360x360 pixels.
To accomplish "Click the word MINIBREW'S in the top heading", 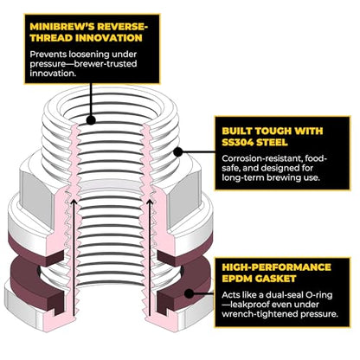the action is click(62, 27).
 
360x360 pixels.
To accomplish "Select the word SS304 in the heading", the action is click(237, 142).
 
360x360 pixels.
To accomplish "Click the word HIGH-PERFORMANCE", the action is click(276, 267).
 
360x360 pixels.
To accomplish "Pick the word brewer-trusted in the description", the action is click(106, 63).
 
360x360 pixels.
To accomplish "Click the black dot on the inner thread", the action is click(91, 120).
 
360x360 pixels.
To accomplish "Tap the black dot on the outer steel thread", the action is click(178, 151).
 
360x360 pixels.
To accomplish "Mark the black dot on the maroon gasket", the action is click(189, 293).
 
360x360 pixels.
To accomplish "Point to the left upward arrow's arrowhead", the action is click(74, 202).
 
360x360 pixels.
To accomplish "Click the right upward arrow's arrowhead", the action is click(150, 202).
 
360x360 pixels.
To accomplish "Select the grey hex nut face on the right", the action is click(183, 196).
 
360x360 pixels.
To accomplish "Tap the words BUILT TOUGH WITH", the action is click(273, 131).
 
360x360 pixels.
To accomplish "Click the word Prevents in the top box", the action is click(48, 55).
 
